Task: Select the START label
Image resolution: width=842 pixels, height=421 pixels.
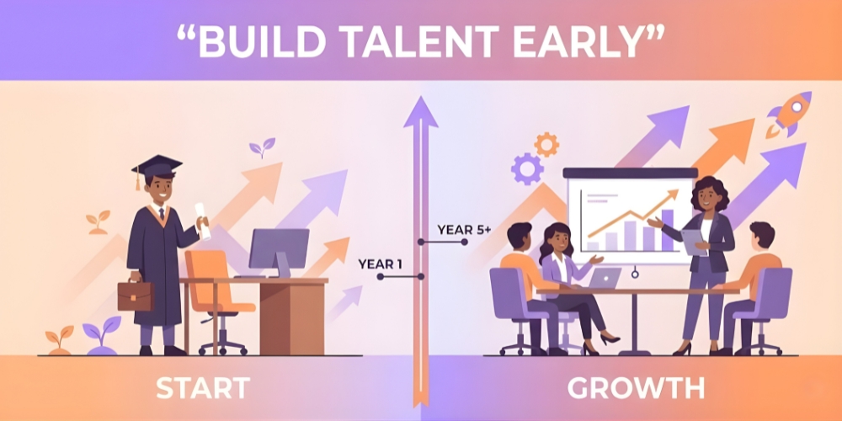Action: click(202, 388)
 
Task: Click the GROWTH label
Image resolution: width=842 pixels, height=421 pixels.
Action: click(636, 388)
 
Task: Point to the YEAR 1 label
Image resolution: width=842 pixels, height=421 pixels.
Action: click(380, 264)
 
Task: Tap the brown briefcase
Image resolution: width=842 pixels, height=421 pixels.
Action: click(135, 296)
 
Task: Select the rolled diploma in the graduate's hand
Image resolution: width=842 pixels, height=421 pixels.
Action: click(203, 220)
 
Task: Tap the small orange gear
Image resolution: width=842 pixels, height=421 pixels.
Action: click(546, 144)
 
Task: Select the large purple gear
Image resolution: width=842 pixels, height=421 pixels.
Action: click(527, 169)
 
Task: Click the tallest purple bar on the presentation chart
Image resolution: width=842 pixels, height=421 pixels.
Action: click(668, 230)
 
